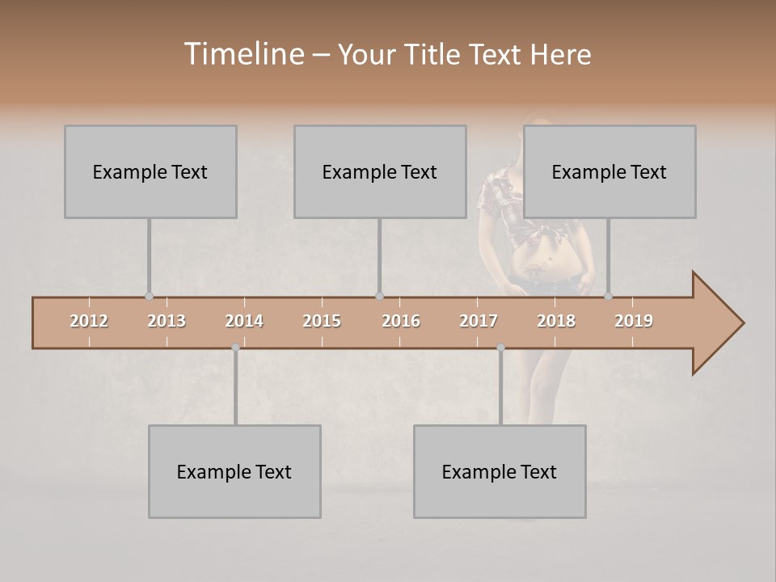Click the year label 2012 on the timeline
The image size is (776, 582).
(x=89, y=321)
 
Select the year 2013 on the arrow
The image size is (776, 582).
(x=167, y=321)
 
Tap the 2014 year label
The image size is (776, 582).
(x=244, y=321)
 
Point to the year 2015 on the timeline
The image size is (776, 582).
(x=322, y=321)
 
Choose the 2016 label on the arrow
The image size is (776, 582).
(x=401, y=321)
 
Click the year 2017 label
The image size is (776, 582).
(x=479, y=321)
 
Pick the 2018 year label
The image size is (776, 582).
(x=556, y=321)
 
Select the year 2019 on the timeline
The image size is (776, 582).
(x=634, y=321)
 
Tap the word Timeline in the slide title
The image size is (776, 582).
(x=243, y=54)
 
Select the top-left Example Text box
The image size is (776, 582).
(x=150, y=171)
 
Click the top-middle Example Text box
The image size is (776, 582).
(x=380, y=171)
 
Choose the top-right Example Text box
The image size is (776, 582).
(x=609, y=171)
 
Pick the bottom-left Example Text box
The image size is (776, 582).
(x=234, y=471)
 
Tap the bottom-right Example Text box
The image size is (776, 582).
(x=500, y=471)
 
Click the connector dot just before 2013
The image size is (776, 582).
(x=149, y=296)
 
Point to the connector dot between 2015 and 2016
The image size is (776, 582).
(x=380, y=296)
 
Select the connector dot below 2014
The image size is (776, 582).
(x=235, y=348)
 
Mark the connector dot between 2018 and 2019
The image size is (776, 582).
(x=609, y=296)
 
